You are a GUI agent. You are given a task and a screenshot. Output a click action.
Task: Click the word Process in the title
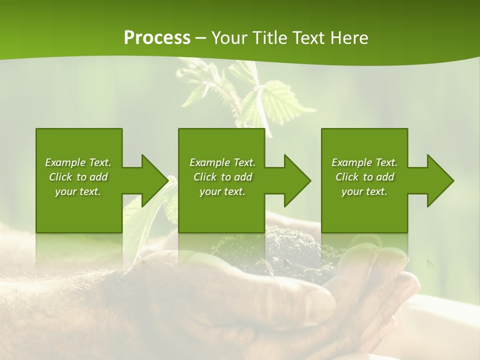point(157,37)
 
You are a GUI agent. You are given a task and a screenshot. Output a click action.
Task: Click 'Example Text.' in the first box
point(78,162)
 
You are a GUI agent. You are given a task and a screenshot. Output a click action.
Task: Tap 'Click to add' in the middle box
point(222,177)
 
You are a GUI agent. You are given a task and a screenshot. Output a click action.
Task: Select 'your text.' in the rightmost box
point(364,191)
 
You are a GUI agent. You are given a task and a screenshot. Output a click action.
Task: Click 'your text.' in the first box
point(78,191)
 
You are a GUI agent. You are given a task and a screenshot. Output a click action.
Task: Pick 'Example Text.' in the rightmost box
point(364,162)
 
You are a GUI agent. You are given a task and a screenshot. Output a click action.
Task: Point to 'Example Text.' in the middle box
point(222,162)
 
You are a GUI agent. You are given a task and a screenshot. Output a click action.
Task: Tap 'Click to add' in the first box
point(78,177)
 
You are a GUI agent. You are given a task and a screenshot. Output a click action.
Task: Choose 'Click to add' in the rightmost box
point(364,177)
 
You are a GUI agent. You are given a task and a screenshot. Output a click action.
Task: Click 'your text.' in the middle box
point(222,191)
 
